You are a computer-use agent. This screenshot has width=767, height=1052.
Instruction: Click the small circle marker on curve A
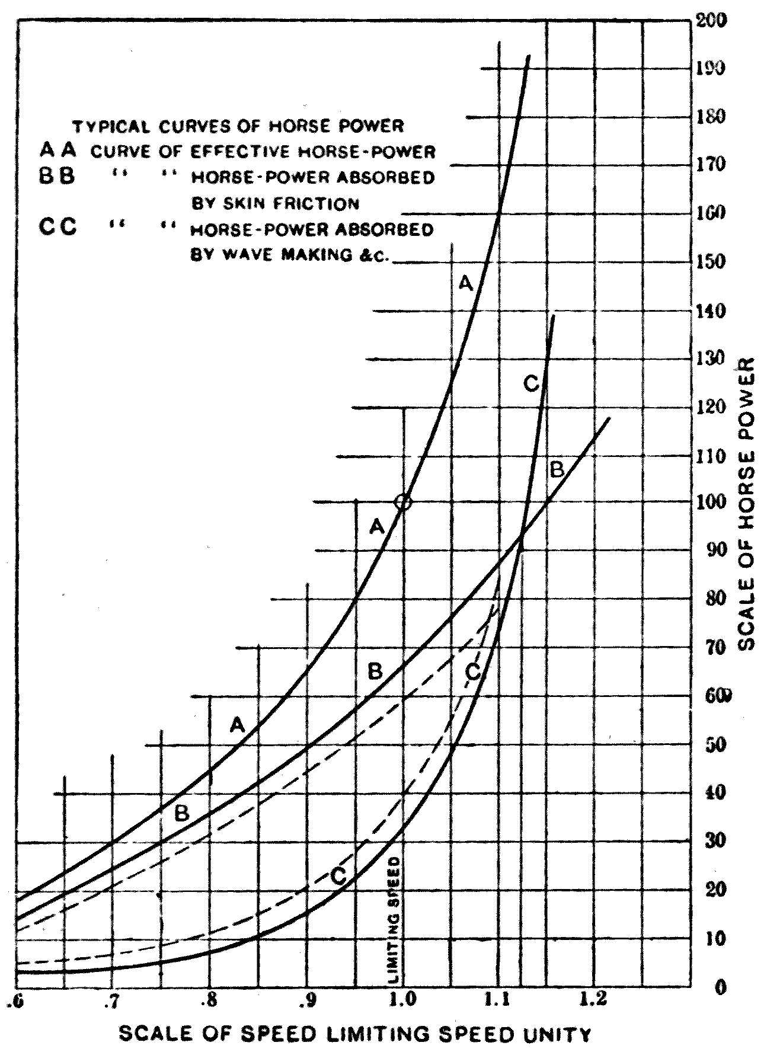[403, 502]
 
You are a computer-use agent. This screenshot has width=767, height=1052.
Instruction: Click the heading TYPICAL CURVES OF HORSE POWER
[238, 126]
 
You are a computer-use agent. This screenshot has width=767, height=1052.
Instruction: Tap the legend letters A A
[58, 151]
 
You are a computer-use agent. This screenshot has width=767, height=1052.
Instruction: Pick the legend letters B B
[57, 177]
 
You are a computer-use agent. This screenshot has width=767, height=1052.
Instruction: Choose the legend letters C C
[57, 228]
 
